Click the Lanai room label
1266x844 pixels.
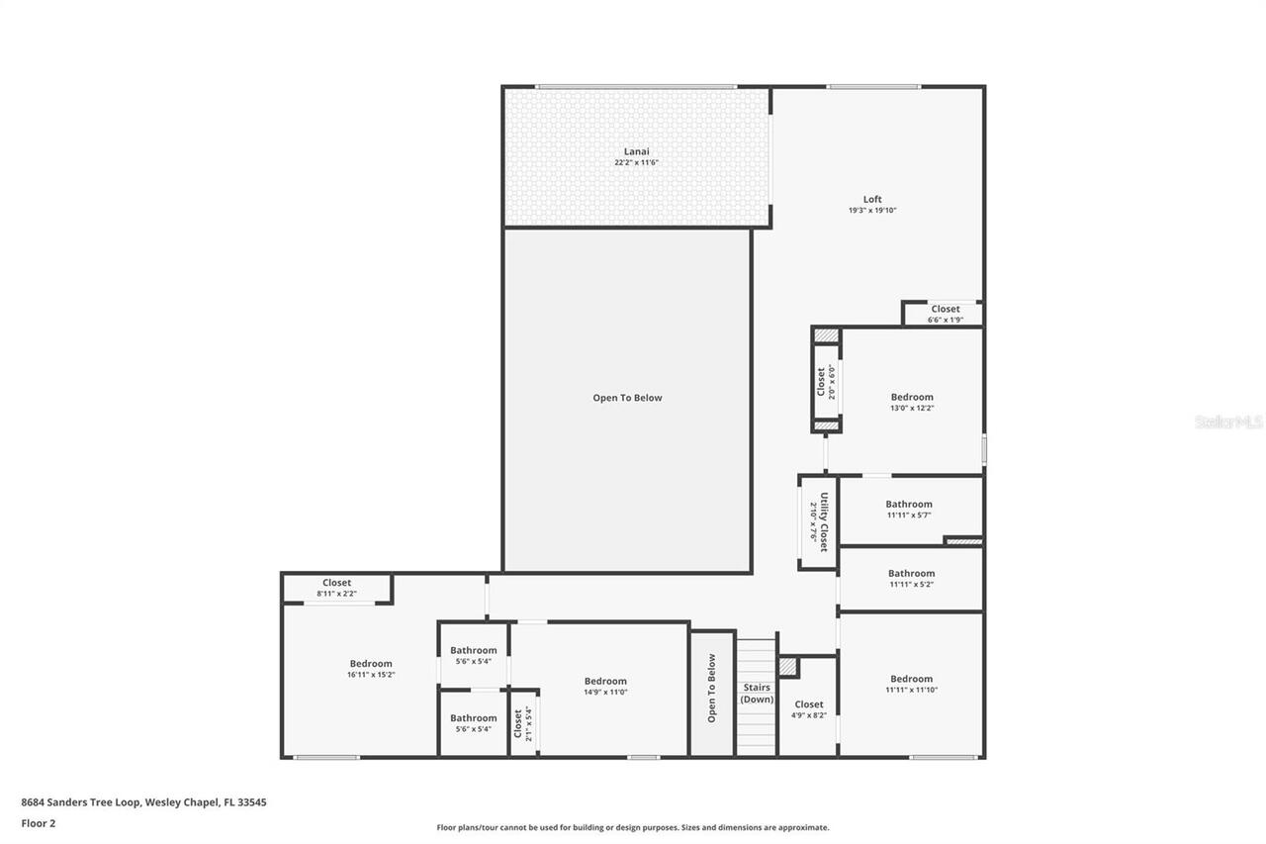(x=636, y=151)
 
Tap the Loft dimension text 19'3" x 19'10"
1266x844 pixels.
(x=871, y=211)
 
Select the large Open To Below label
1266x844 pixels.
(x=627, y=398)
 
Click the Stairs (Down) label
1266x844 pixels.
(x=757, y=693)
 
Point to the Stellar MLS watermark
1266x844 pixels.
(x=1228, y=422)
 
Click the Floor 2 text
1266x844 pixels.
(x=38, y=822)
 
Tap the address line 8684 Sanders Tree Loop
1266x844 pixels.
(x=143, y=802)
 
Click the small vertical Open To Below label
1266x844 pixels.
(x=711, y=688)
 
